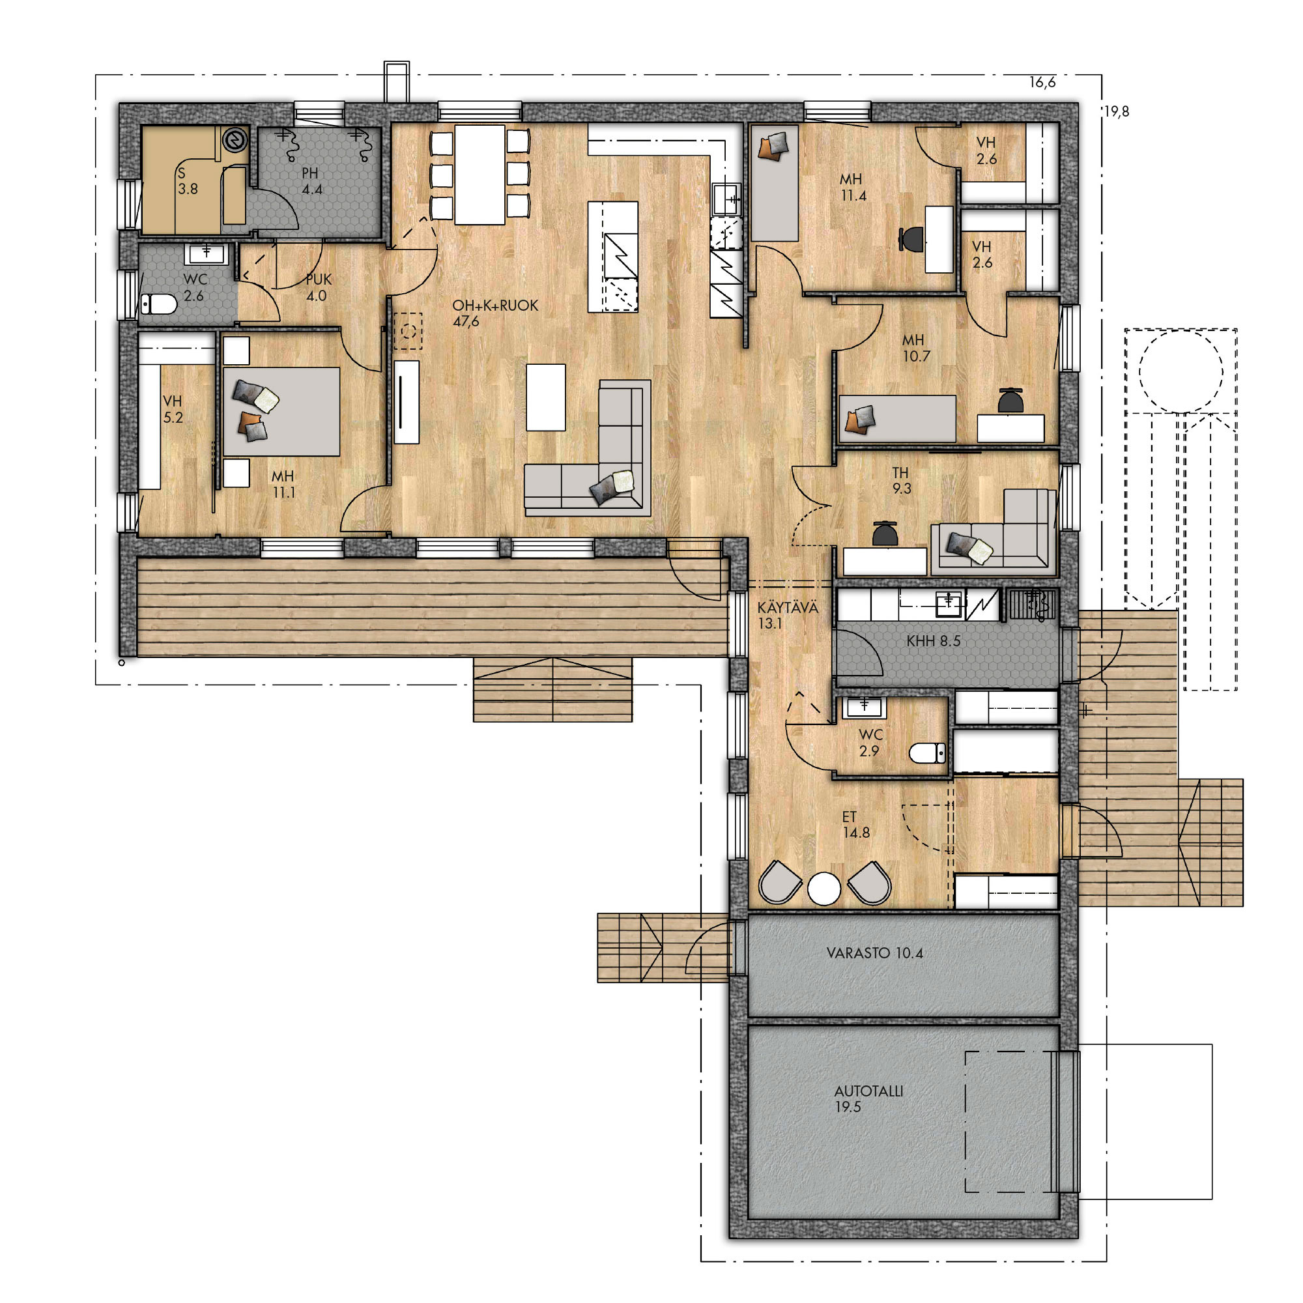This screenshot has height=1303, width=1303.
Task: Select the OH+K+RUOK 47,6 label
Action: pyautogui.click(x=495, y=313)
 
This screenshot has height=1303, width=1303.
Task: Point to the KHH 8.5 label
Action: pyautogui.click(x=933, y=640)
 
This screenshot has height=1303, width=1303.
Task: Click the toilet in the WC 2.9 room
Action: pyautogui.click(x=927, y=752)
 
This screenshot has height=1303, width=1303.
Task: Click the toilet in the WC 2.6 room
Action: pyautogui.click(x=158, y=305)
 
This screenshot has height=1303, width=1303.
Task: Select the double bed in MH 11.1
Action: pyautogui.click(x=281, y=411)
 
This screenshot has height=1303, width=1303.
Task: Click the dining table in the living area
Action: pyautogui.click(x=480, y=174)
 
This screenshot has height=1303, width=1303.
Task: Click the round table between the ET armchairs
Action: pyautogui.click(x=824, y=888)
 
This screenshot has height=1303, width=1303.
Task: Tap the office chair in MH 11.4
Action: pyautogui.click(x=912, y=238)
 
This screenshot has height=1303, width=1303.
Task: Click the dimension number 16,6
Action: pyautogui.click(x=1042, y=83)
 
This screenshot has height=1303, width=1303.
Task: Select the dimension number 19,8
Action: pyautogui.click(x=1116, y=112)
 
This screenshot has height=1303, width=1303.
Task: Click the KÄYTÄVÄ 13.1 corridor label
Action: pyautogui.click(x=787, y=615)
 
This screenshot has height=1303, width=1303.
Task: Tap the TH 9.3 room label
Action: pyautogui.click(x=901, y=480)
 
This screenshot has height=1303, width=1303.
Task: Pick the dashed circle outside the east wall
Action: pyautogui.click(x=1181, y=371)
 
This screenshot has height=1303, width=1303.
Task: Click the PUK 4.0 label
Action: pyautogui.click(x=318, y=287)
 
